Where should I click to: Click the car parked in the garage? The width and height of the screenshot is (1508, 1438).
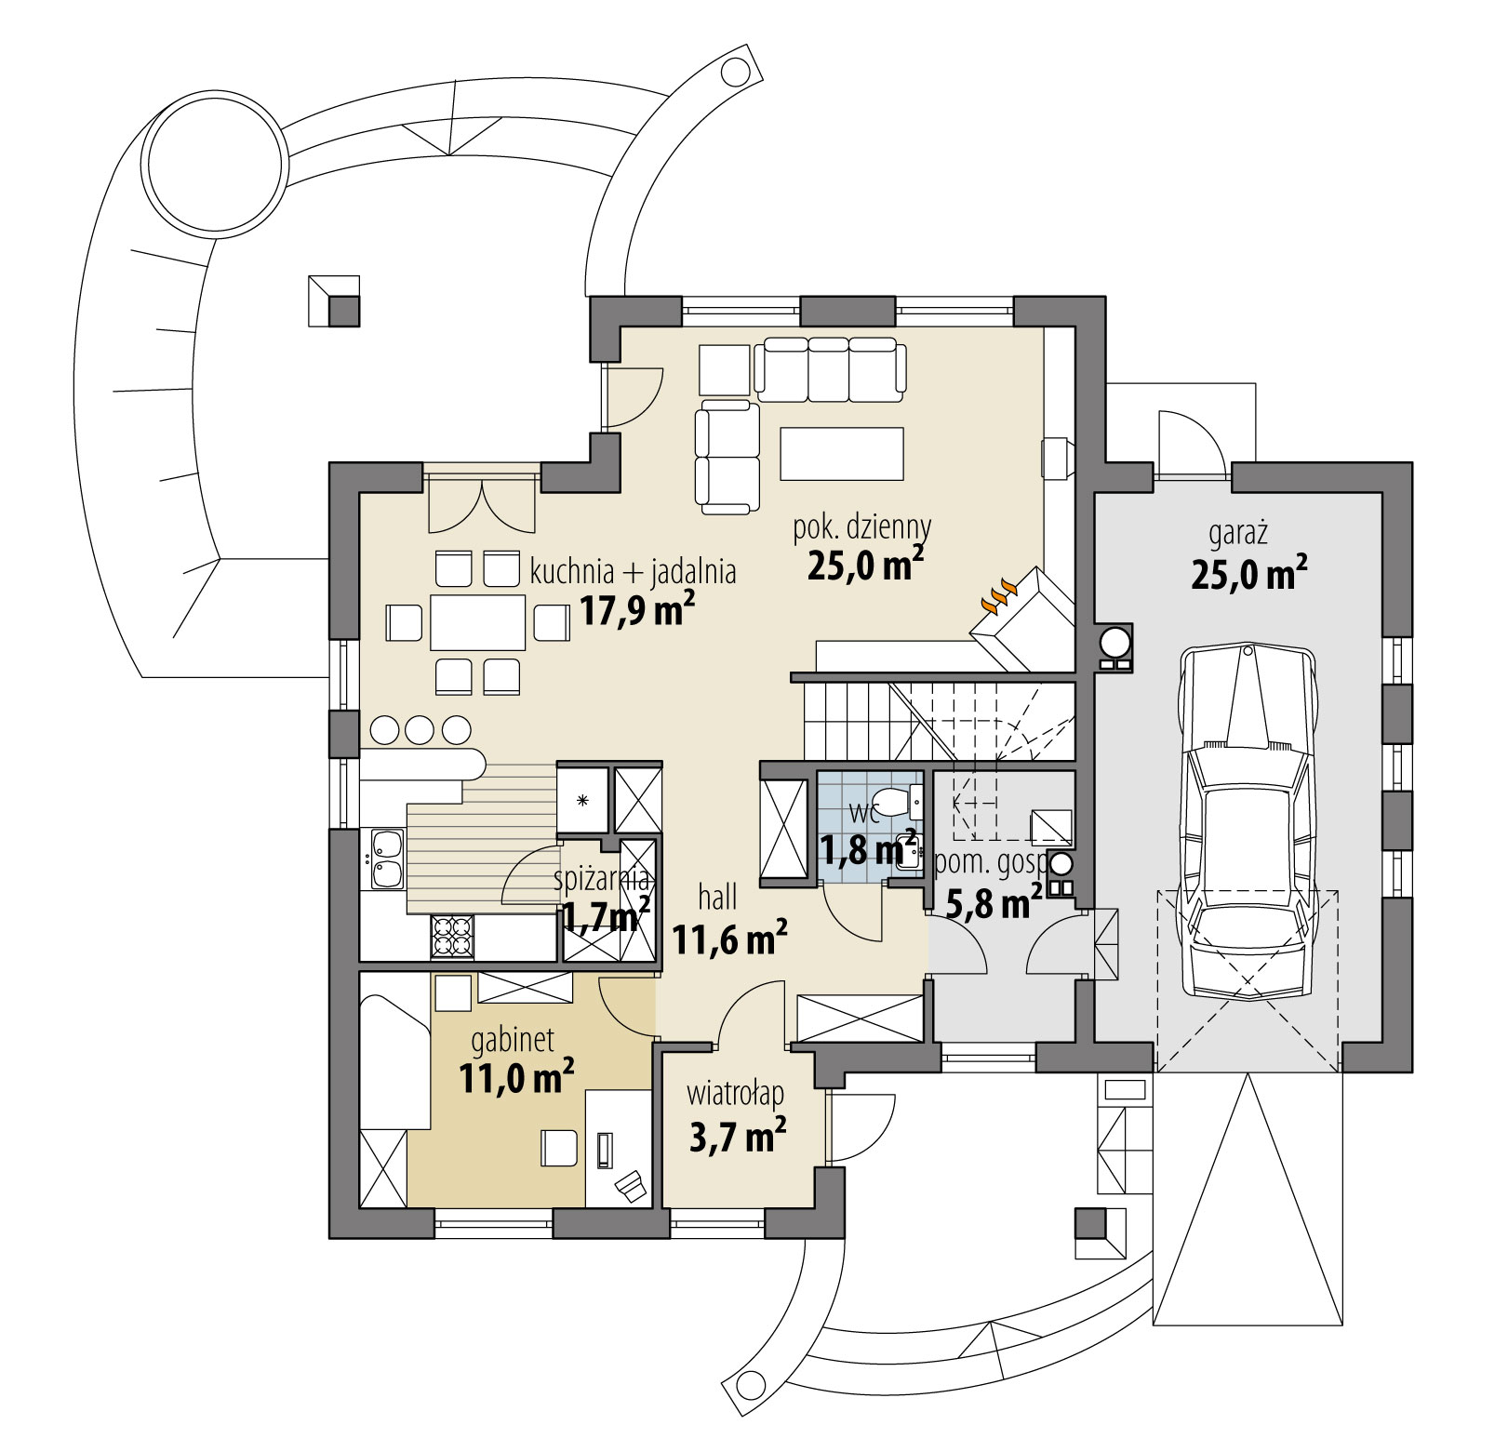tap(1247, 823)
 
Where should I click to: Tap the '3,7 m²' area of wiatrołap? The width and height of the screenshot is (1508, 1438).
tap(738, 1136)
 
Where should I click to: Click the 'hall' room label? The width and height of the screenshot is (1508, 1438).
tap(717, 898)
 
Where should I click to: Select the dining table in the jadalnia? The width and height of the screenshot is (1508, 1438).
tap(477, 622)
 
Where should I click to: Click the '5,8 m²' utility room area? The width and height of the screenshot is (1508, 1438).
tap(994, 902)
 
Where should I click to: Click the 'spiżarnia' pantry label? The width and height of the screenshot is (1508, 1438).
tap(600, 879)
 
